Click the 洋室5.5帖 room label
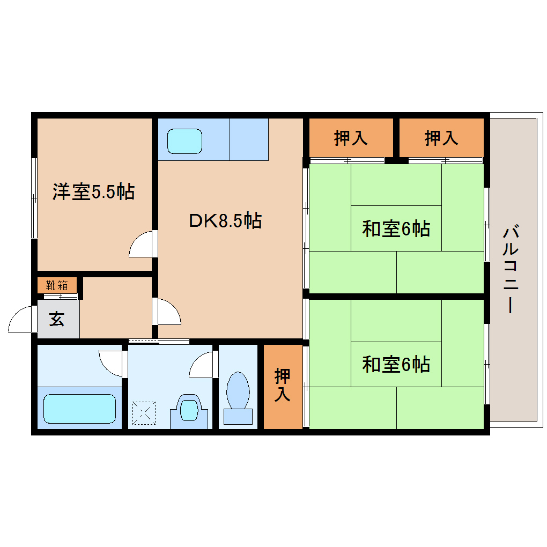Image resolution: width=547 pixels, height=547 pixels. click(x=93, y=192)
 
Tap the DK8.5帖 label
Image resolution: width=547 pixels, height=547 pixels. click(x=225, y=220)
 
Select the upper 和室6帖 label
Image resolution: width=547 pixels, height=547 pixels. click(x=396, y=229)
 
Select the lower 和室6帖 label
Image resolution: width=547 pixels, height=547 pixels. click(x=396, y=365)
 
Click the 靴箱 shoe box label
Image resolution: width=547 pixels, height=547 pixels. click(x=57, y=285)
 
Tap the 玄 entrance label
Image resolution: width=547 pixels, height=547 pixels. click(x=57, y=320)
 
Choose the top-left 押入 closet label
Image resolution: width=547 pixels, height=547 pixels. click(x=351, y=138)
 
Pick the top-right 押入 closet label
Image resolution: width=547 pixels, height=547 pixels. click(x=441, y=138)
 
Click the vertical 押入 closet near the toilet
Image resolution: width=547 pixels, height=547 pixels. click(x=283, y=385)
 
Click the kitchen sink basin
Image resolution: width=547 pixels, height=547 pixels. click(x=184, y=141)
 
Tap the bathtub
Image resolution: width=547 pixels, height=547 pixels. click(x=79, y=409)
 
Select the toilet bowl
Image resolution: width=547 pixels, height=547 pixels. click(x=238, y=390)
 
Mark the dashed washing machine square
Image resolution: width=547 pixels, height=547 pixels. click(x=143, y=412)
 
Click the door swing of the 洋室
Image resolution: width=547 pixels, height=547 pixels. click(x=142, y=246)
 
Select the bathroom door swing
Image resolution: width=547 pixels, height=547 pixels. click(x=112, y=362)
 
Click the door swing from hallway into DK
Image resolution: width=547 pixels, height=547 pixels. click(x=167, y=313)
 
